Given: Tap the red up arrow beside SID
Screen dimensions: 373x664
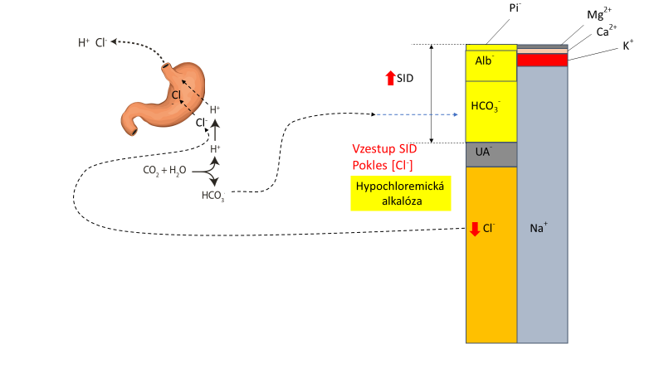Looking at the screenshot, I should tap(391, 79).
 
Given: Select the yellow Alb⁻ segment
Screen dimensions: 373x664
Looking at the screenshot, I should tap(491, 63).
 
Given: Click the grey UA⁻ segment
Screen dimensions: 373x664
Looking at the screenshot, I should tap(491, 154).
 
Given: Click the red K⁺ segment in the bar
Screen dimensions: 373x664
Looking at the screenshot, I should tap(542, 60).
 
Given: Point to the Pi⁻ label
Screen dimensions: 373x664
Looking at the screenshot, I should tap(515, 8).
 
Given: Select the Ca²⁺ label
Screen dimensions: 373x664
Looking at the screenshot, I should tap(607, 31).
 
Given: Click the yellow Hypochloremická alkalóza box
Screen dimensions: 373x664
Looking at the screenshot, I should tap(399, 193).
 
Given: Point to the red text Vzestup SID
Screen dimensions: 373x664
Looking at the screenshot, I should tap(386, 148).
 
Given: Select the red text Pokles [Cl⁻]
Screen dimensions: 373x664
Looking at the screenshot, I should tap(383, 164).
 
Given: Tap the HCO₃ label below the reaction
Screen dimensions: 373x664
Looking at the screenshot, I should tap(213, 196).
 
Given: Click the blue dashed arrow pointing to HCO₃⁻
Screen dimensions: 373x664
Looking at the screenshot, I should tap(418, 115).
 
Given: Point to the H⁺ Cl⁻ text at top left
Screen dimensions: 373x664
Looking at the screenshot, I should tap(91, 41).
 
